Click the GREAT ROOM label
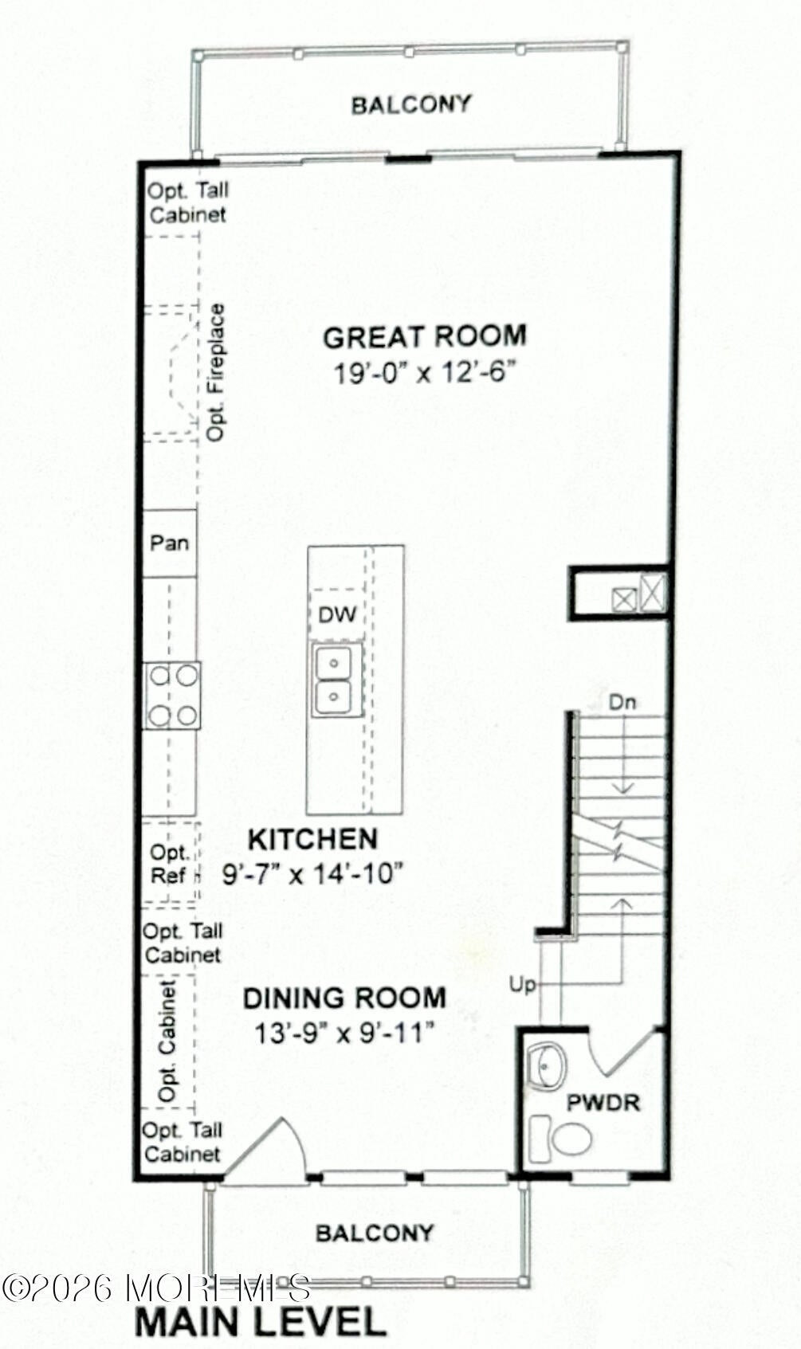[425, 336]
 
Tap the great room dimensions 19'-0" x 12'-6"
[426, 373]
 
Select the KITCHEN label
[312, 840]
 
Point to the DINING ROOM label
[344, 998]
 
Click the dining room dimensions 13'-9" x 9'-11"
[344, 1034]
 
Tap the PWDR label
[603, 1103]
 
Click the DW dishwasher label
[337, 614]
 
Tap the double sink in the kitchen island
[337, 680]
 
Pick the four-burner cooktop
[172, 696]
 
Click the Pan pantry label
[169, 543]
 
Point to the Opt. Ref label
[169, 864]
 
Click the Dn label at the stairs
[622, 702]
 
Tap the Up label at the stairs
[522, 985]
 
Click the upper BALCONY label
[410, 104]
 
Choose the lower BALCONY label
[375, 1233]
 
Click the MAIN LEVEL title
[261, 1321]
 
